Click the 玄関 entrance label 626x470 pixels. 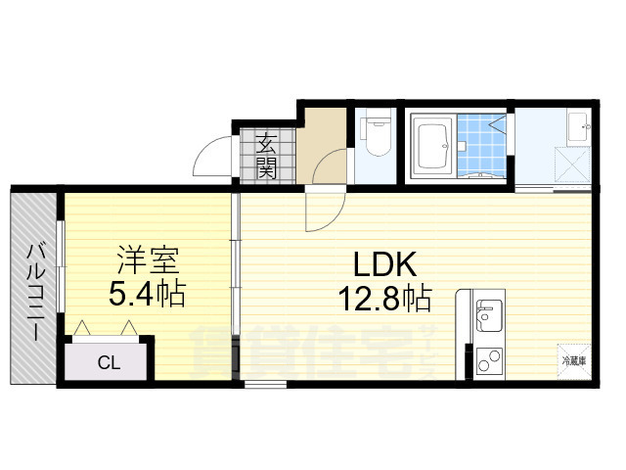(266, 156)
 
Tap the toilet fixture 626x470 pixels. (377, 134)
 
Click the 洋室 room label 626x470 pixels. (148, 261)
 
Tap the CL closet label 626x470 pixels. (109, 362)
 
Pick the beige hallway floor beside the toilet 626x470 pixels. (325, 142)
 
